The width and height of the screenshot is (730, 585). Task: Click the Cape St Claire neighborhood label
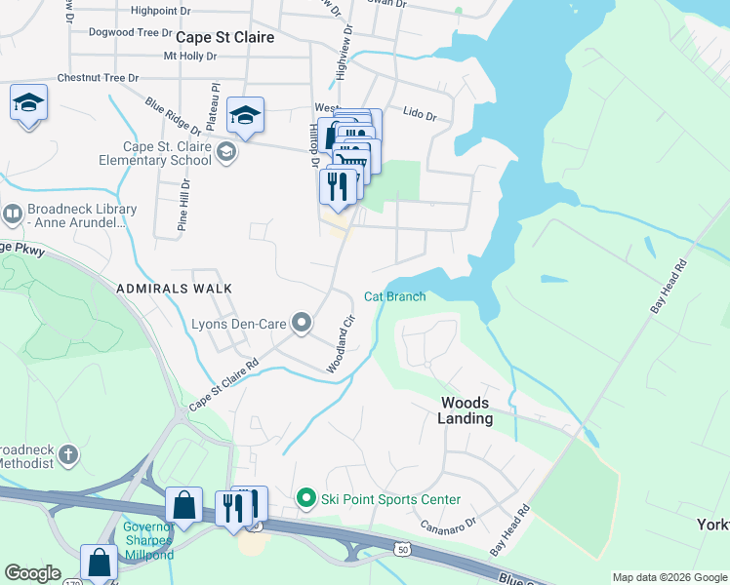[224, 36]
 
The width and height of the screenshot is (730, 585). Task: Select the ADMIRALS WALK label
[174, 289]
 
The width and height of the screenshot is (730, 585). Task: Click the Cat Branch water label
[394, 296]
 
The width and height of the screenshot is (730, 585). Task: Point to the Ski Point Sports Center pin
[306, 499]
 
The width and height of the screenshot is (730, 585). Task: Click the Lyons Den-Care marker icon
[302, 322]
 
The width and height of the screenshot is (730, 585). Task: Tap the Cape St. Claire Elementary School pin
[226, 152]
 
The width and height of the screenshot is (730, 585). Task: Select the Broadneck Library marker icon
[13, 213]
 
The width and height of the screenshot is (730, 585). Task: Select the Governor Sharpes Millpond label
[148, 541]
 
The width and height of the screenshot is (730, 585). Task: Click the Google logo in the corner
[33, 573]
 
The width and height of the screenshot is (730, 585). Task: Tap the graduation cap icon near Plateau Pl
[245, 115]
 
